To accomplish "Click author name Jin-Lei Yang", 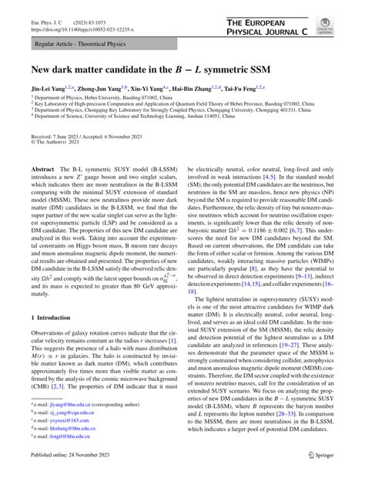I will pos(49,89).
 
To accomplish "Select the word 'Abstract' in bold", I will pos(42,168).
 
